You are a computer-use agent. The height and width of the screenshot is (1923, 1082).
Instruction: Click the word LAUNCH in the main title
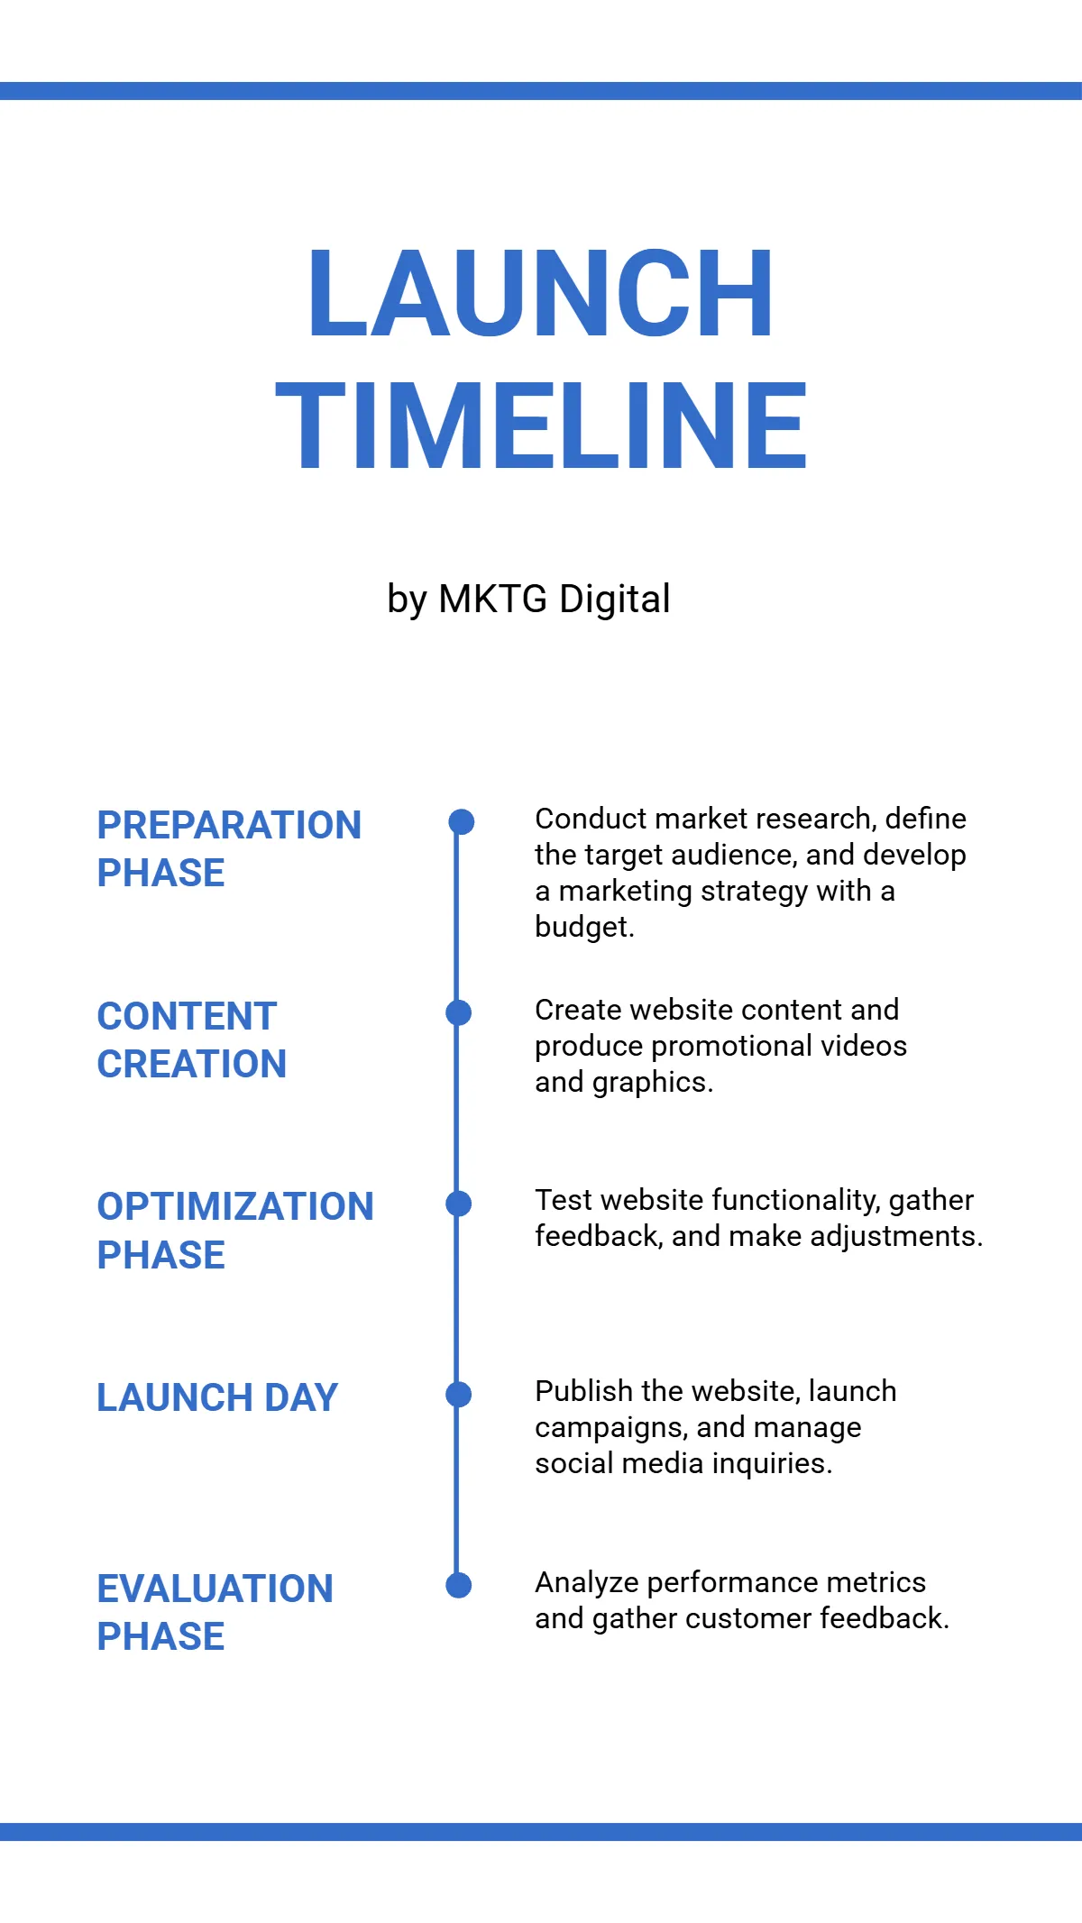(x=540, y=293)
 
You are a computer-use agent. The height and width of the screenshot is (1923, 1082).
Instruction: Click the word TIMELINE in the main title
(x=540, y=426)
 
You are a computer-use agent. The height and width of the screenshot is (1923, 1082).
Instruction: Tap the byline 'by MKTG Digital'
(x=528, y=600)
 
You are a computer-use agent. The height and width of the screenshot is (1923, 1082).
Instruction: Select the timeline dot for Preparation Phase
(x=461, y=821)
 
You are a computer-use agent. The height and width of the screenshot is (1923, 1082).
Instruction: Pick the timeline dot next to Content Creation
(x=459, y=1012)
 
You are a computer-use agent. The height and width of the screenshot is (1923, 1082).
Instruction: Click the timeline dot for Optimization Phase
(x=459, y=1204)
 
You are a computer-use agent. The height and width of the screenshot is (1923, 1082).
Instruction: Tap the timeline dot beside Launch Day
(x=459, y=1395)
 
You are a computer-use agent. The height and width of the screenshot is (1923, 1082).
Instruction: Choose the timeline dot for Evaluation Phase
(x=459, y=1586)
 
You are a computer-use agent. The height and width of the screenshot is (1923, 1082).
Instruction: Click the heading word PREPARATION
(x=229, y=825)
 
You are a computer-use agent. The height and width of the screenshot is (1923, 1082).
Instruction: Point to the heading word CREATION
(x=192, y=1064)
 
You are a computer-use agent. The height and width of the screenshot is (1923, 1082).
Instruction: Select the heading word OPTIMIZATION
(x=235, y=1206)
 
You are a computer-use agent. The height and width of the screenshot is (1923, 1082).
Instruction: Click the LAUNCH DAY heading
(x=217, y=1397)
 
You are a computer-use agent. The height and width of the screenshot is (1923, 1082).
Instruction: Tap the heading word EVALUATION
(x=215, y=1589)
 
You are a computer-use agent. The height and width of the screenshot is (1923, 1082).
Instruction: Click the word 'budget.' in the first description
(x=584, y=927)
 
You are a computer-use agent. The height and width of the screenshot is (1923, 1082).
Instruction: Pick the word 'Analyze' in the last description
(x=587, y=1583)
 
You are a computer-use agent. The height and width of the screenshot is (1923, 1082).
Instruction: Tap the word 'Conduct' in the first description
(x=591, y=819)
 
